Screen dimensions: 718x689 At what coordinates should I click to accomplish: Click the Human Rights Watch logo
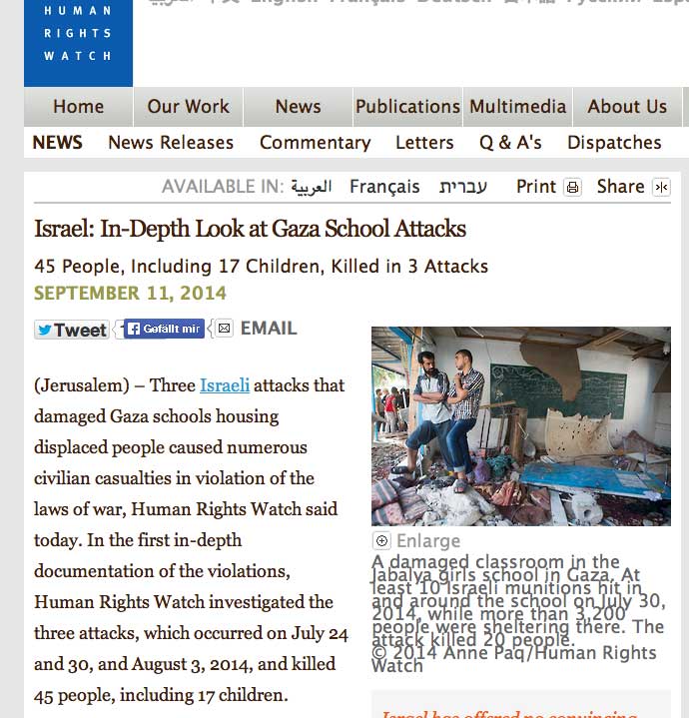click(x=78, y=40)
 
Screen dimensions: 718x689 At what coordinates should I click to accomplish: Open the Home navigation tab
click(x=78, y=107)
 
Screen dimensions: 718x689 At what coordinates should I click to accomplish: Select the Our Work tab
click(x=188, y=107)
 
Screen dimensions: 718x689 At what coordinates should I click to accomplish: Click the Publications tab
click(x=407, y=107)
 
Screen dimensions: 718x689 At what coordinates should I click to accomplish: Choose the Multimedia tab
click(x=518, y=107)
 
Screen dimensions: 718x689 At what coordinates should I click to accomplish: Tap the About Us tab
click(x=627, y=107)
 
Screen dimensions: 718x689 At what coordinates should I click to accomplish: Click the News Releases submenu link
click(x=171, y=143)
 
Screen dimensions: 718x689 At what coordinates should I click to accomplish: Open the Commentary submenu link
click(x=315, y=143)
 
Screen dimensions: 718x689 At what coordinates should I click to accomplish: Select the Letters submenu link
click(x=424, y=143)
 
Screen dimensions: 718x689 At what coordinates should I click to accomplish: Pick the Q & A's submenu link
click(x=510, y=143)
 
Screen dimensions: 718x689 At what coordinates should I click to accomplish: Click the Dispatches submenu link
click(x=614, y=143)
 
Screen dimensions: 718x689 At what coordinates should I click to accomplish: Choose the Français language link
click(x=384, y=187)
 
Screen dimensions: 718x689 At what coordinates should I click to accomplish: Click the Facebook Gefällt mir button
click(x=164, y=329)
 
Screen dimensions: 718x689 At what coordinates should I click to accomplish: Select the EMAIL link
click(x=268, y=328)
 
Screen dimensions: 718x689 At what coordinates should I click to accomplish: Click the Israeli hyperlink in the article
click(x=225, y=385)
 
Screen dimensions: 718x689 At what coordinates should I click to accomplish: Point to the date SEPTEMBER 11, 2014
click(x=130, y=294)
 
